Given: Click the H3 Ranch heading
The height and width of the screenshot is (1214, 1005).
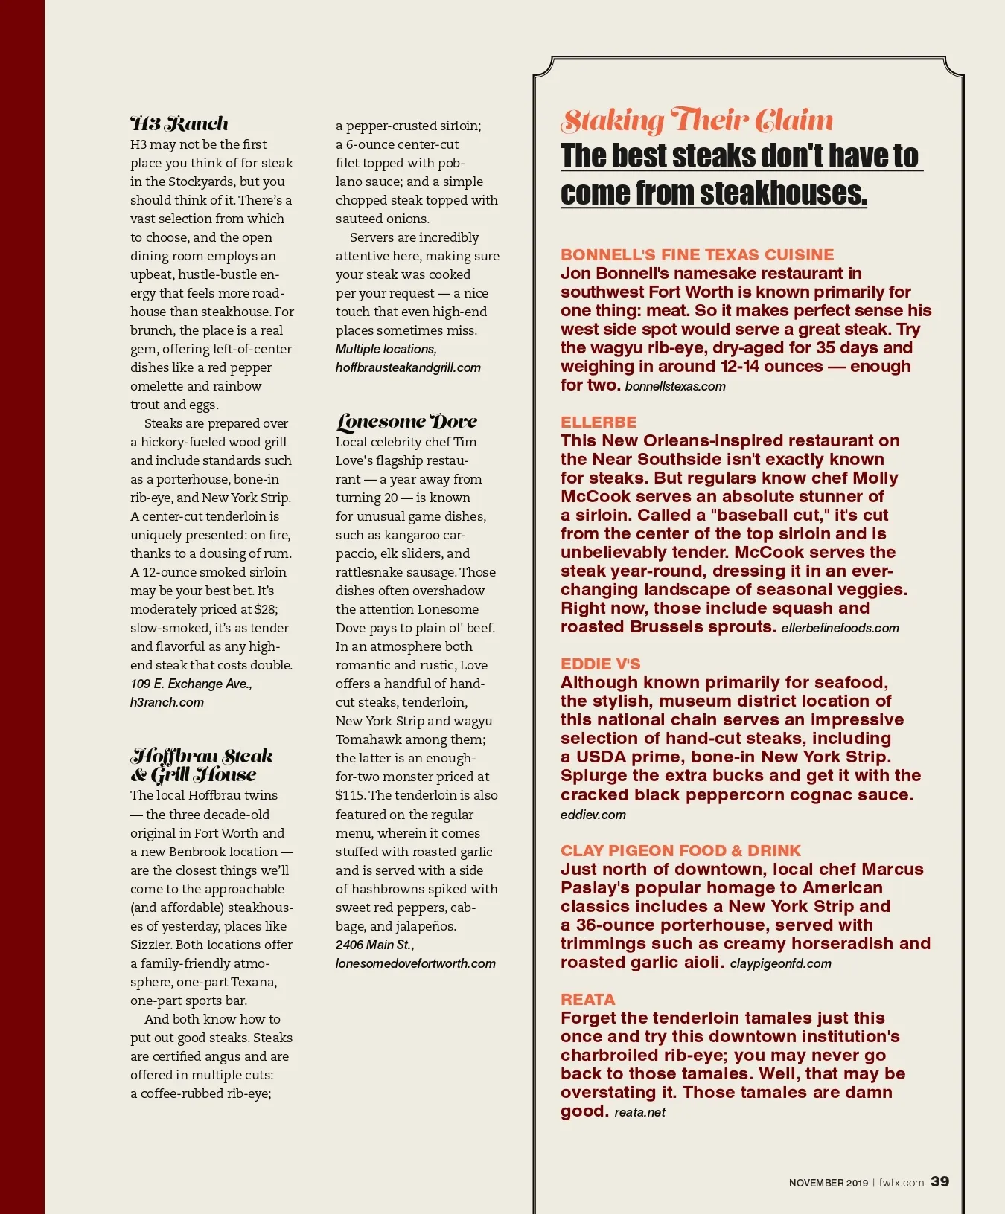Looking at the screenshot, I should [x=179, y=123].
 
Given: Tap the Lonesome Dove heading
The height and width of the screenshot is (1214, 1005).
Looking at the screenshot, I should [x=406, y=422].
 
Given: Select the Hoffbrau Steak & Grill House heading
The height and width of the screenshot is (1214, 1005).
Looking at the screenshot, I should [x=202, y=765].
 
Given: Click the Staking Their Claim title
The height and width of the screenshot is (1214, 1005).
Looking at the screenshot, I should [x=697, y=121].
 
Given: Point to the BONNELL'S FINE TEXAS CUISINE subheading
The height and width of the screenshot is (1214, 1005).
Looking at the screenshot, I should [x=697, y=254].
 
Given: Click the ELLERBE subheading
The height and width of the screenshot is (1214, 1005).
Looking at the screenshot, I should [x=599, y=422].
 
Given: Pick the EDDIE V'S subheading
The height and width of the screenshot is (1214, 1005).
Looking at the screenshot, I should [x=600, y=664].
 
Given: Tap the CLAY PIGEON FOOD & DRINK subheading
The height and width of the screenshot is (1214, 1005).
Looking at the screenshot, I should [x=680, y=850].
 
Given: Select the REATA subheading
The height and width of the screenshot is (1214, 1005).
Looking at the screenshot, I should [x=587, y=999].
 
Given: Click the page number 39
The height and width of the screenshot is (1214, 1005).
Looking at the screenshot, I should [x=939, y=1181].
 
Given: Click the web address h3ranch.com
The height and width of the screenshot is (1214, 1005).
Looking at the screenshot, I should [x=167, y=702].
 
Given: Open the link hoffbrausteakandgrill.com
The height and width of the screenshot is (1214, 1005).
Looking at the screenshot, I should [x=408, y=367].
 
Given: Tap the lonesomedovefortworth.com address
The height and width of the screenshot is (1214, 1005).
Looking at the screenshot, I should [x=415, y=963].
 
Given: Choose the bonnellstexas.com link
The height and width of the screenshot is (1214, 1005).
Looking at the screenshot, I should [x=675, y=386].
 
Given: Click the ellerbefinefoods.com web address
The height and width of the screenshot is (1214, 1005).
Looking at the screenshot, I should [x=840, y=628].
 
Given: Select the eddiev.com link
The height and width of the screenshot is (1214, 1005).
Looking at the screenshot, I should [x=593, y=815].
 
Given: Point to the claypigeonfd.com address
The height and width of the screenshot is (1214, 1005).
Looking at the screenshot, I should [x=780, y=963].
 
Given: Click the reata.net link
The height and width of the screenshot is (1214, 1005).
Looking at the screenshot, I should [x=639, y=1112].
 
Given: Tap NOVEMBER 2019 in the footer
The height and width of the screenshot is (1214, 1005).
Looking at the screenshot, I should [x=828, y=1183].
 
